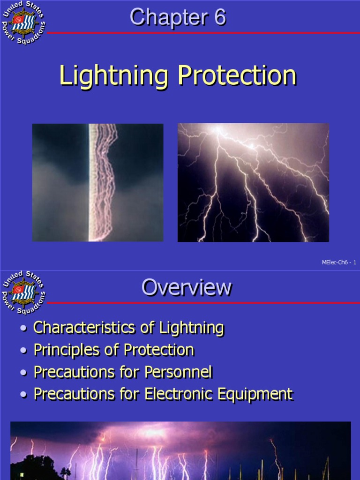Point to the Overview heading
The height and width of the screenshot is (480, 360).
click(187, 287)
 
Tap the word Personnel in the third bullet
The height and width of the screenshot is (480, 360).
click(179, 372)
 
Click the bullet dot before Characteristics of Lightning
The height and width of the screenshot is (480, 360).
click(24, 329)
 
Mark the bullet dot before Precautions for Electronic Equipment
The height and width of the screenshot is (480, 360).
click(24, 396)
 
